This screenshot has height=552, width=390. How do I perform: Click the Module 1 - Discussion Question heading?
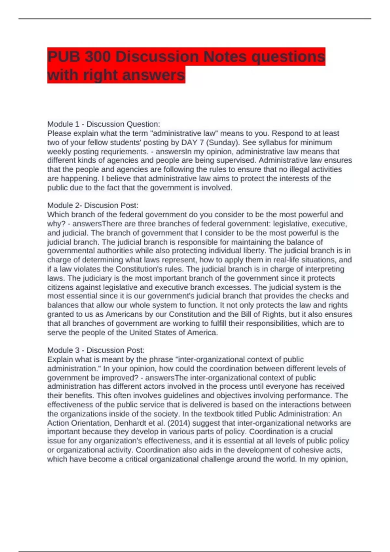click(104, 124)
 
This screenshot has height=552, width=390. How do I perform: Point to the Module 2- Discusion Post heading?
click(93, 205)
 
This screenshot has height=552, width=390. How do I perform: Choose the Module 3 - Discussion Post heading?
click(96, 350)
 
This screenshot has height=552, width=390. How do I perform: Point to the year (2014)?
click(179, 423)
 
